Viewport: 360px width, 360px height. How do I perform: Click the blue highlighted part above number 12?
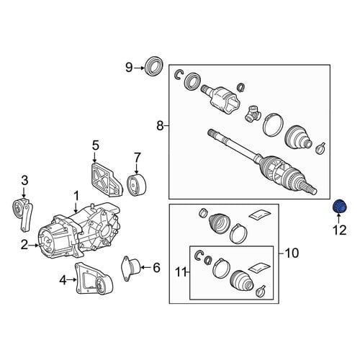click(x=339, y=206)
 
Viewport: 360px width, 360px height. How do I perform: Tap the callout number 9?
click(x=129, y=68)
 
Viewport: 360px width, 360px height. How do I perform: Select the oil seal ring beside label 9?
click(x=155, y=66)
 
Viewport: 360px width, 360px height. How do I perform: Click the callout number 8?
click(x=160, y=125)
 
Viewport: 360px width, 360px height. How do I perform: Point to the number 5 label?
click(x=96, y=145)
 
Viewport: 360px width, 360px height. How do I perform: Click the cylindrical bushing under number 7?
click(x=137, y=185)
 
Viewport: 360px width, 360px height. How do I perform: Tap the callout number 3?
click(x=24, y=181)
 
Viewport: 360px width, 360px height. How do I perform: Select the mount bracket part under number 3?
click(x=22, y=214)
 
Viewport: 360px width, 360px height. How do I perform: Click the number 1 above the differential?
click(x=76, y=196)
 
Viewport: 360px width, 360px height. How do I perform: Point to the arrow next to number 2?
click(x=34, y=246)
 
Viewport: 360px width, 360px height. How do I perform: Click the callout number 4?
click(x=63, y=279)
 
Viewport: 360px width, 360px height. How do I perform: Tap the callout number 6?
click(x=156, y=267)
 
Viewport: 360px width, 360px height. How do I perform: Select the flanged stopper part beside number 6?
click(x=132, y=268)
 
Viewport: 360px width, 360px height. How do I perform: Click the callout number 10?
click(x=292, y=253)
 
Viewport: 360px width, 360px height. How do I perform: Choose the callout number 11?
click(x=181, y=272)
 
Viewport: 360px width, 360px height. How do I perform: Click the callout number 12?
click(x=339, y=230)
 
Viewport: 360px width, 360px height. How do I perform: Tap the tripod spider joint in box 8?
click(x=253, y=113)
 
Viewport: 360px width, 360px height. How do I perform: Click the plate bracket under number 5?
click(x=106, y=179)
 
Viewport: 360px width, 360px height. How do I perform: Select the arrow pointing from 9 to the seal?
click(x=140, y=68)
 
